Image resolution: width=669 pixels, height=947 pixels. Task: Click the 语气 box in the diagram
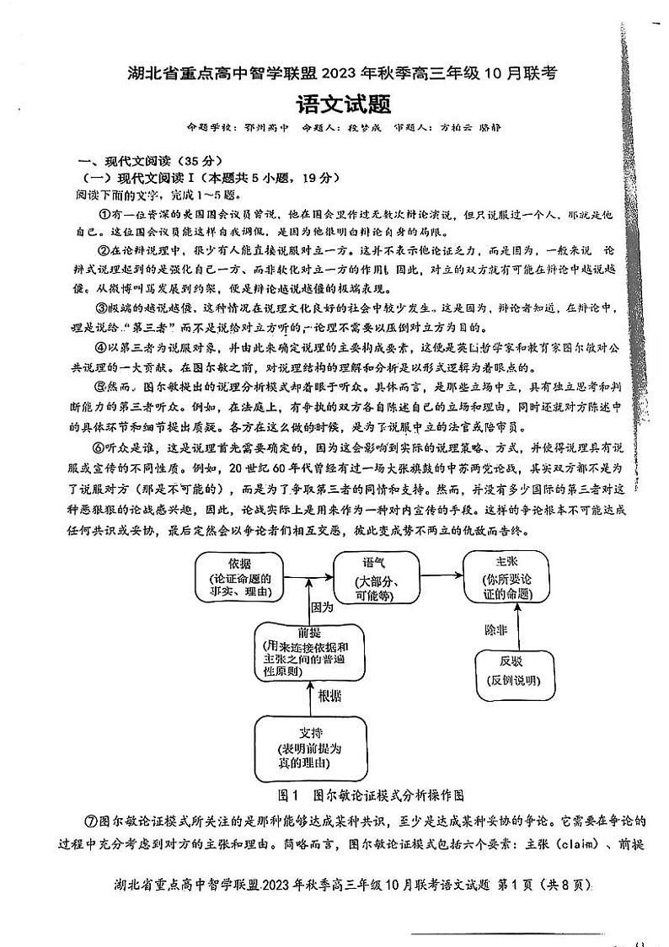[376, 575]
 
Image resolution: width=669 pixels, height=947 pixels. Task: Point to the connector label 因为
[323, 607]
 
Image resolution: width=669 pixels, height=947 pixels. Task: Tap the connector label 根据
[329, 696]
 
